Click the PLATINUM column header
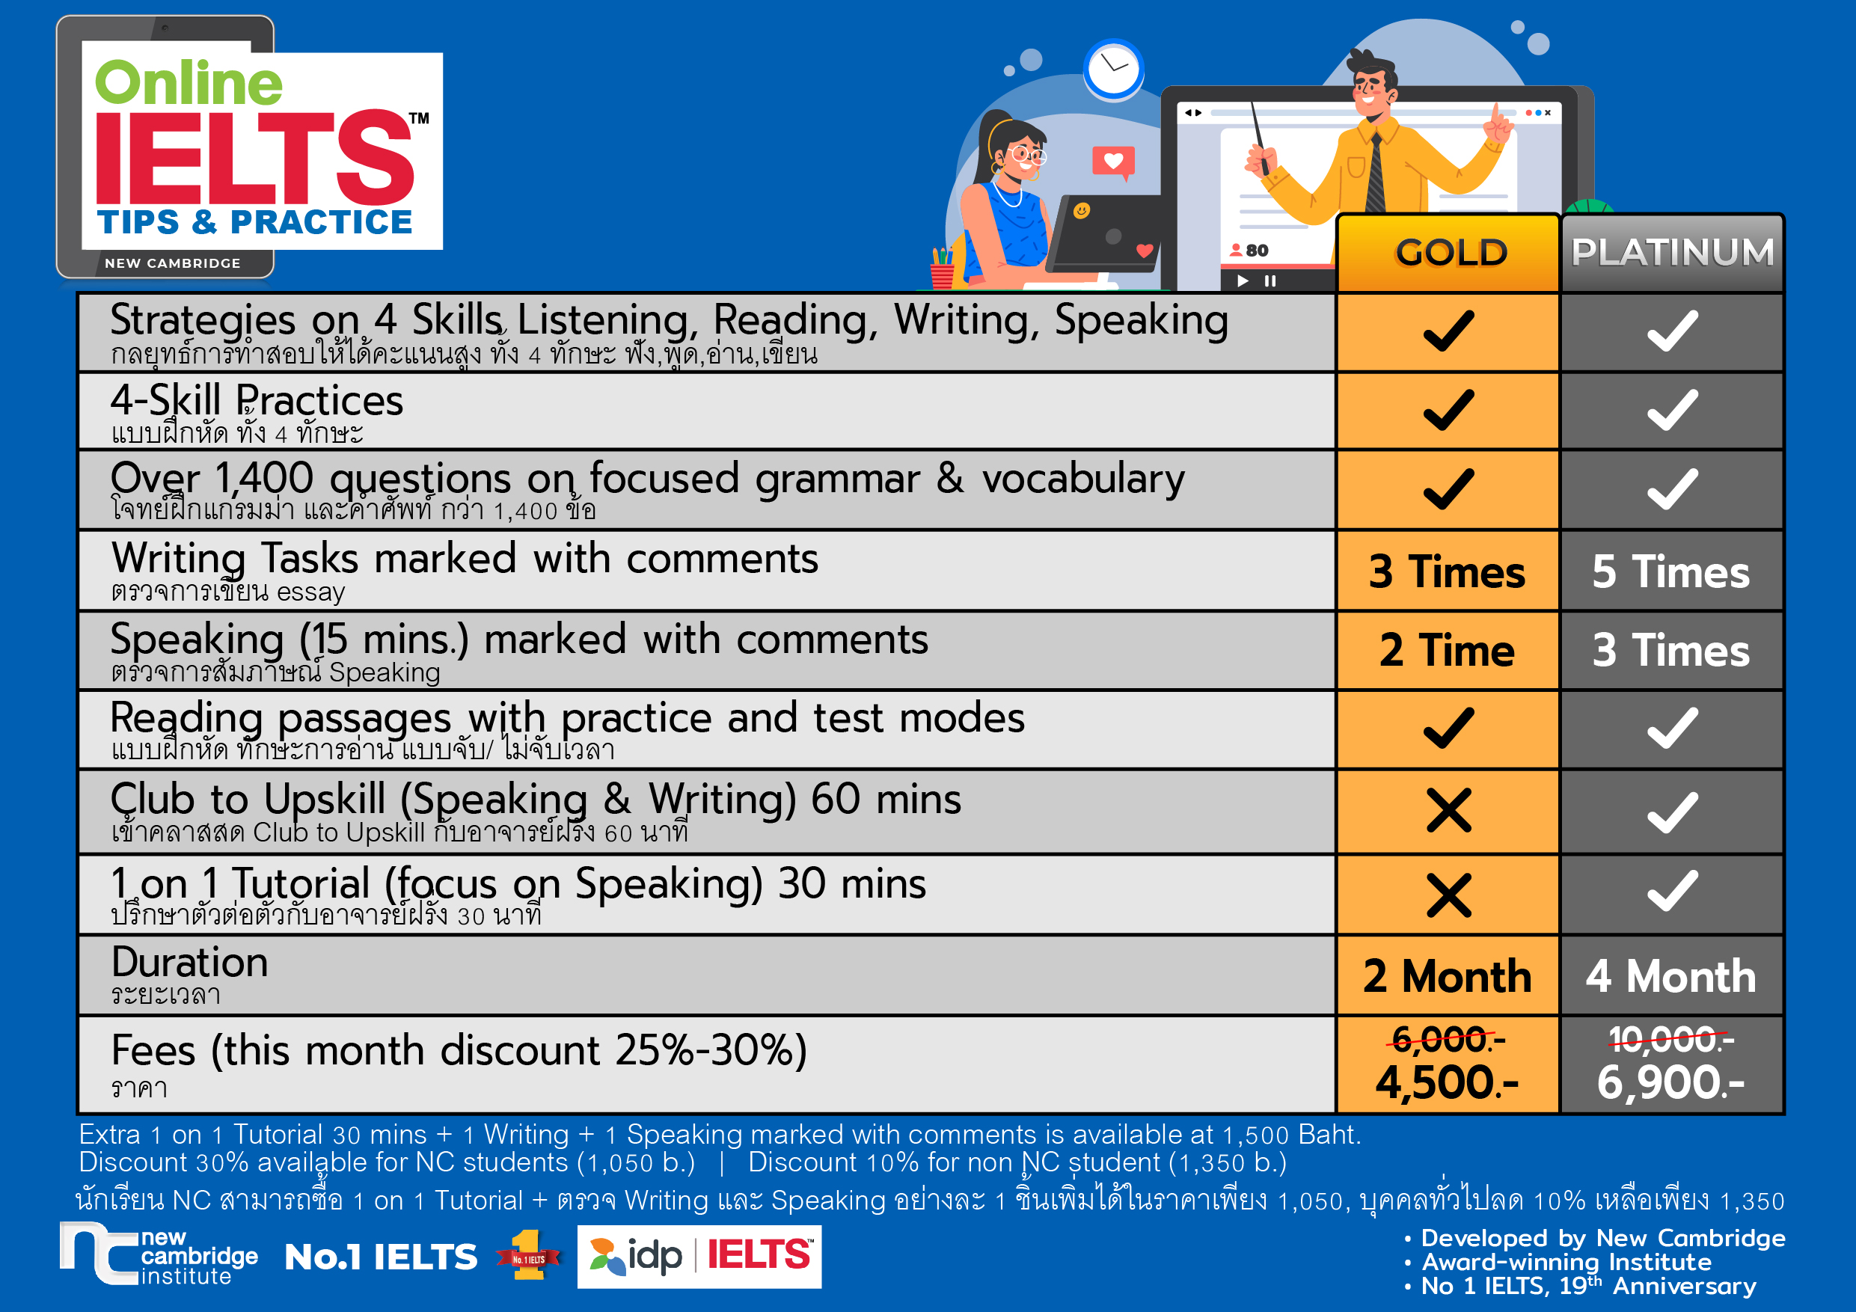click(x=1672, y=252)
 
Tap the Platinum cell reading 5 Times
click(x=1671, y=571)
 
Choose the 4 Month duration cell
click(x=1671, y=975)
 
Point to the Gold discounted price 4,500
click(x=1447, y=1082)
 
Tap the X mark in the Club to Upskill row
click(x=1448, y=811)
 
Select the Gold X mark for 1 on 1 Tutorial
click(x=1448, y=895)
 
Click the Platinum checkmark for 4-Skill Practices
click(x=1672, y=410)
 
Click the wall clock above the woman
click(x=1113, y=70)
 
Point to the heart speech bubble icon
click(x=1113, y=162)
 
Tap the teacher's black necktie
click(x=1374, y=173)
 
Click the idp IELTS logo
click(x=699, y=1256)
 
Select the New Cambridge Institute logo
click(x=159, y=1256)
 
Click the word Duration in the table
click(x=189, y=962)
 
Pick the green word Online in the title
click(x=189, y=82)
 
